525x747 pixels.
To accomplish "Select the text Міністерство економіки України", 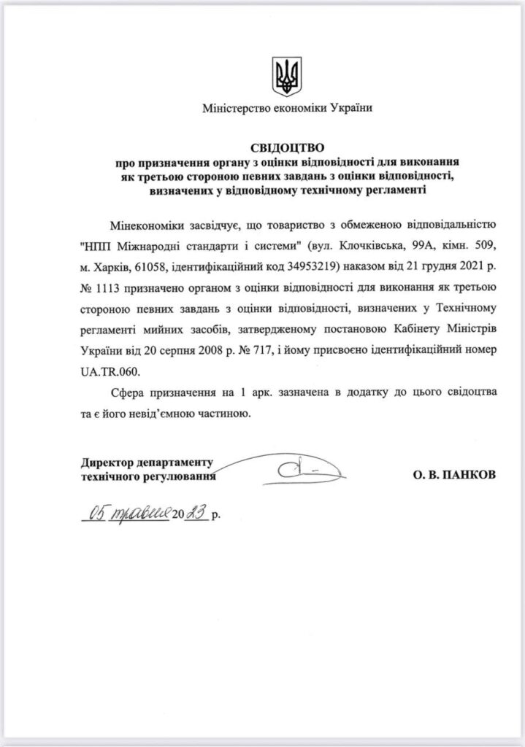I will [287, 109].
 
